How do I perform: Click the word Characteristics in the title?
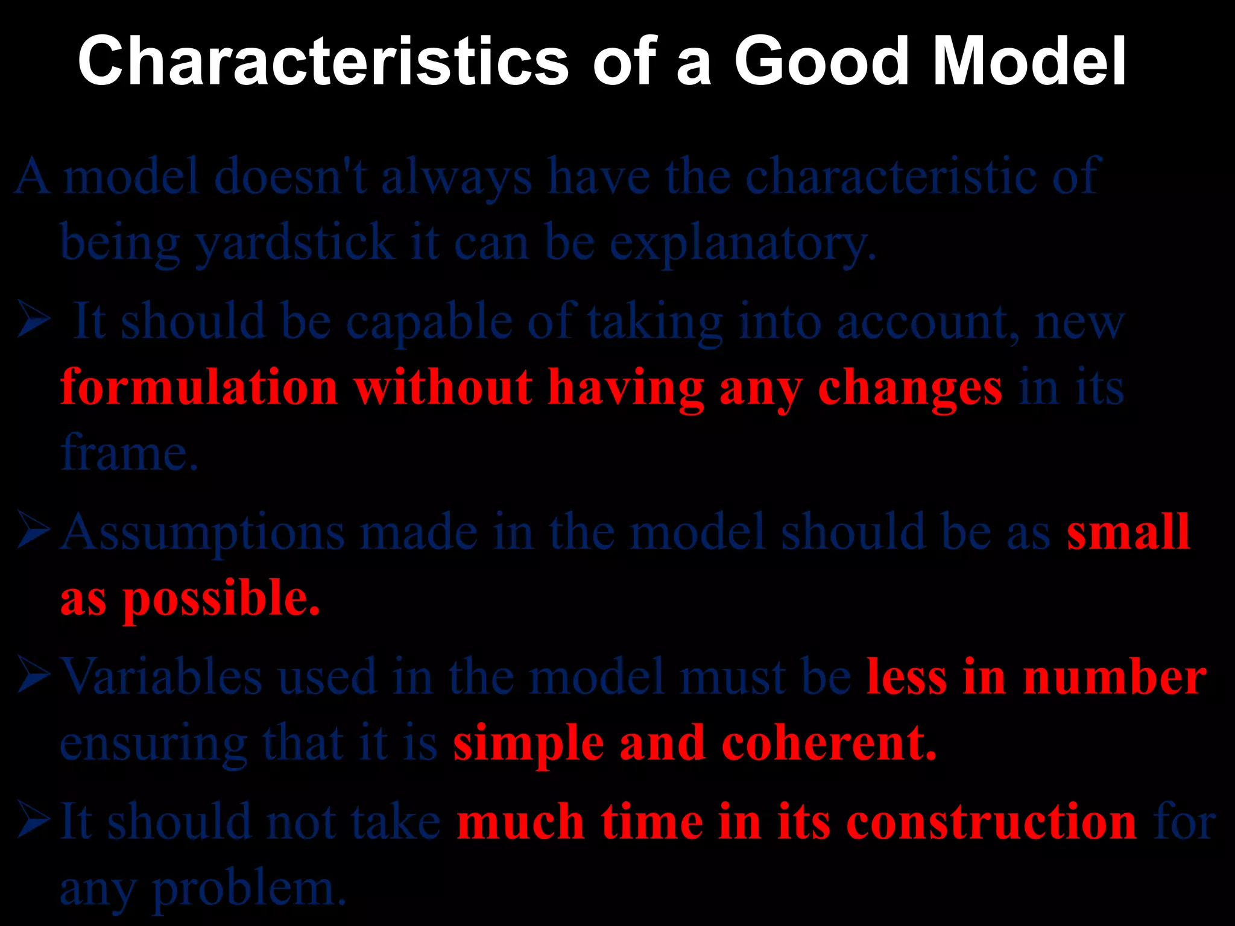pyautogui.click(x=323, y=61)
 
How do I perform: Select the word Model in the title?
pyautogui.click(x=1029, y=61)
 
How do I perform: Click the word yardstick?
pyautogui.click(x=295, y=242)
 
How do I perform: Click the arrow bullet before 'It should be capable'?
pyautogui.click(x=34, y=320)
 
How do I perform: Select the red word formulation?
pyautogui.click(x=199, y=387)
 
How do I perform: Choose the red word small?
pyautogui.click(x=1128, y=532)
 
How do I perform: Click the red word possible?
pyautogui.click(x=221, y=599)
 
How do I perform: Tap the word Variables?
pyautogui.click(x=162, y=676)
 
